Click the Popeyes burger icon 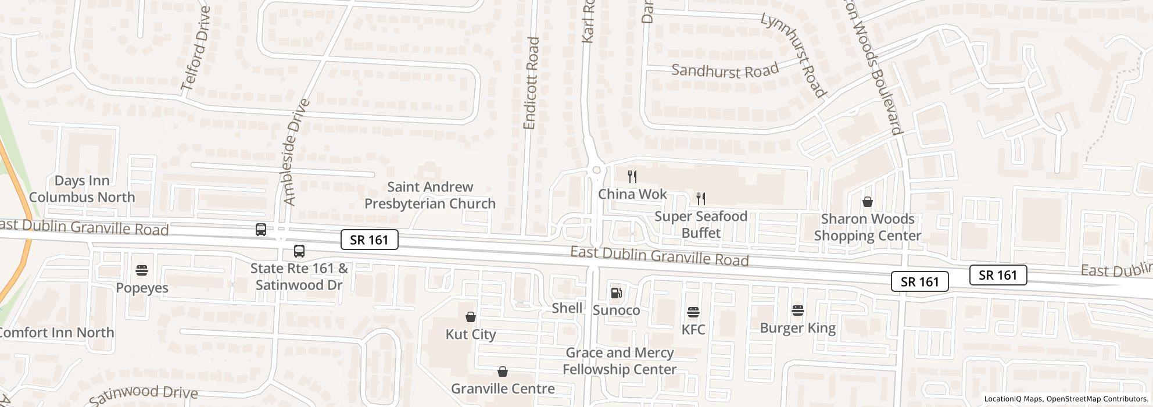tap(142, 270)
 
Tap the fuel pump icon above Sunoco tap(616, 293)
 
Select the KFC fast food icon tap(693, 312)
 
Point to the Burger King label tap(797, 328)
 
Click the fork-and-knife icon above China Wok tap(632, 177)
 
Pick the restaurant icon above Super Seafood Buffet tap(701, 199)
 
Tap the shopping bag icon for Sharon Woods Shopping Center tap(867, 202)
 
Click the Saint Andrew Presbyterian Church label tap(429, 195)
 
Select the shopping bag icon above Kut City tap(471, 317)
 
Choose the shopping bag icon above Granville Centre tap(503, 372)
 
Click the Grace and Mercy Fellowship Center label tap(620, 361)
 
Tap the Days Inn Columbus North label tap(82, 189)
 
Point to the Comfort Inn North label tap(56, 333)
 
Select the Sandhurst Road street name tap(725, 71)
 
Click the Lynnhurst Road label tap(794, 55)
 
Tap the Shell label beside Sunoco tap(567, 308)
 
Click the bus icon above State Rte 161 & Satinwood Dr tap(299, 251)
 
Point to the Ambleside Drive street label tap(295, 152)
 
